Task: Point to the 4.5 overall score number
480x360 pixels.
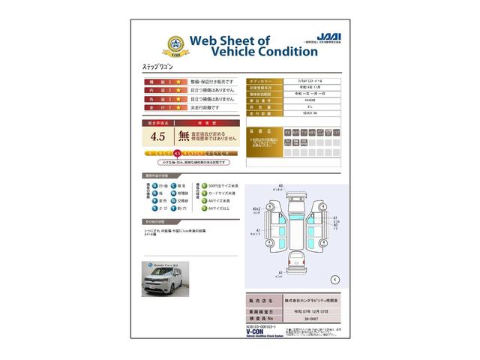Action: [x=157, y=136]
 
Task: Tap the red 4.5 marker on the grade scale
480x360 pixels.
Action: [x=176, y=152]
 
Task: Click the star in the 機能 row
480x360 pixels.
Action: [x=179, y=81]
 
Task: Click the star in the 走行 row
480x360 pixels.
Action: [x=179, y=108]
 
